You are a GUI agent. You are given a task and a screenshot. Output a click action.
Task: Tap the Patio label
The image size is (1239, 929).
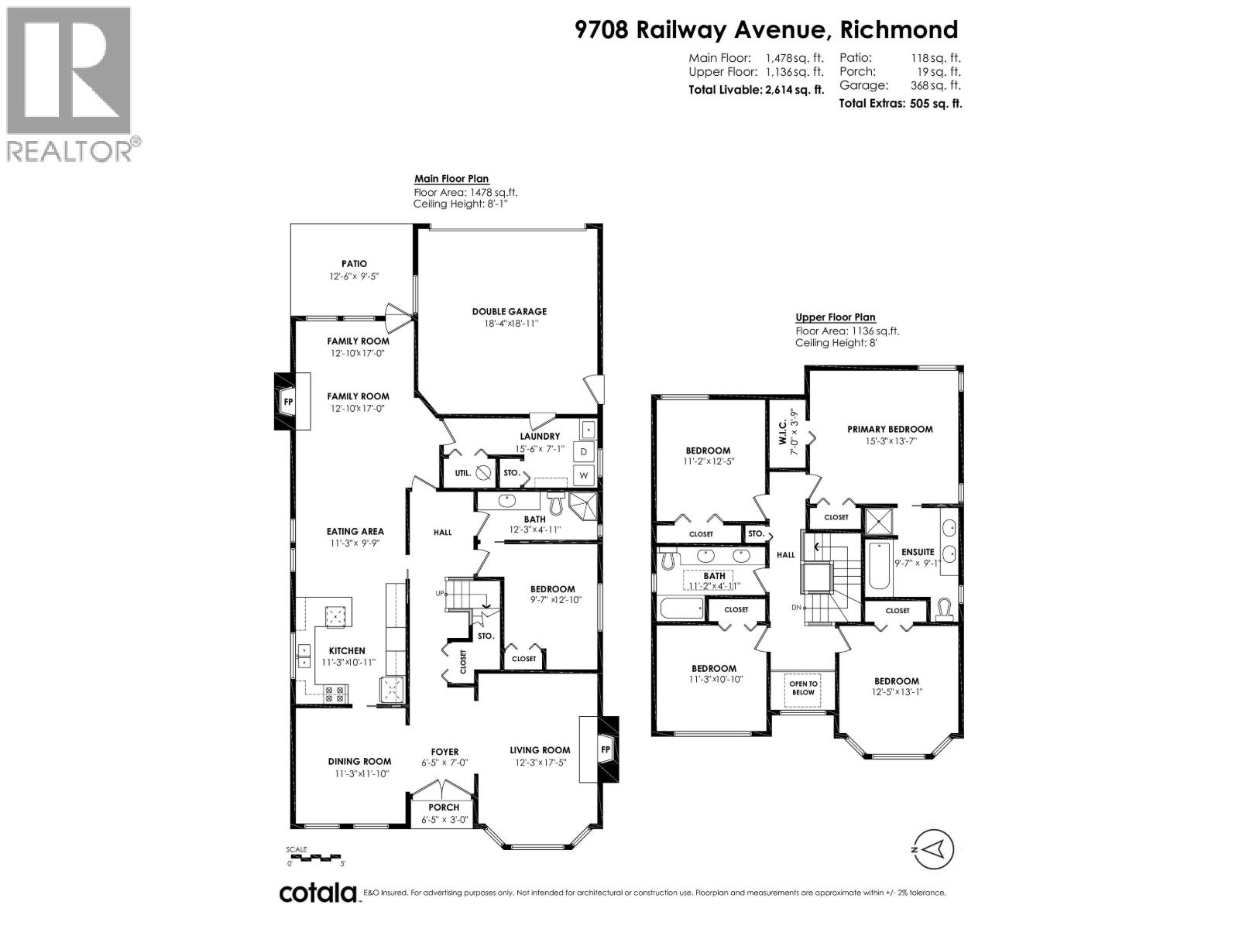(x=354, y=264)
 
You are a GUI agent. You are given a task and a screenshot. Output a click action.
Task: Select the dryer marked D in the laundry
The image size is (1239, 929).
(x=585, y=451)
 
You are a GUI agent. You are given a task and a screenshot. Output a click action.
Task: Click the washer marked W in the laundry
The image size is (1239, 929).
(x=585, y=475)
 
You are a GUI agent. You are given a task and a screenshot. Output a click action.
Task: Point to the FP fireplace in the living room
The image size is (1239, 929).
(x=606, y=749)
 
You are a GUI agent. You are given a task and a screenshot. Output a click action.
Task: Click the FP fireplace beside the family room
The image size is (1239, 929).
(x=288, y=402)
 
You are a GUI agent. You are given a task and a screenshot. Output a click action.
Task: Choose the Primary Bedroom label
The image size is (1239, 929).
(x=890, y=429)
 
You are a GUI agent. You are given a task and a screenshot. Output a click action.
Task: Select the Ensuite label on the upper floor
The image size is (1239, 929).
(x=918, y=552)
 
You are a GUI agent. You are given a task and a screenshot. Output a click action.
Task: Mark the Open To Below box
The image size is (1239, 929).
(x=803, y=688)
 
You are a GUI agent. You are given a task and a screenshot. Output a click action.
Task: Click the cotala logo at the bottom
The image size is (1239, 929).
(x=317, y=893)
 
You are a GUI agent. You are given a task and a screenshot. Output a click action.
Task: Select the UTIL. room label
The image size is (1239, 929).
(x=463, y=472)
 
